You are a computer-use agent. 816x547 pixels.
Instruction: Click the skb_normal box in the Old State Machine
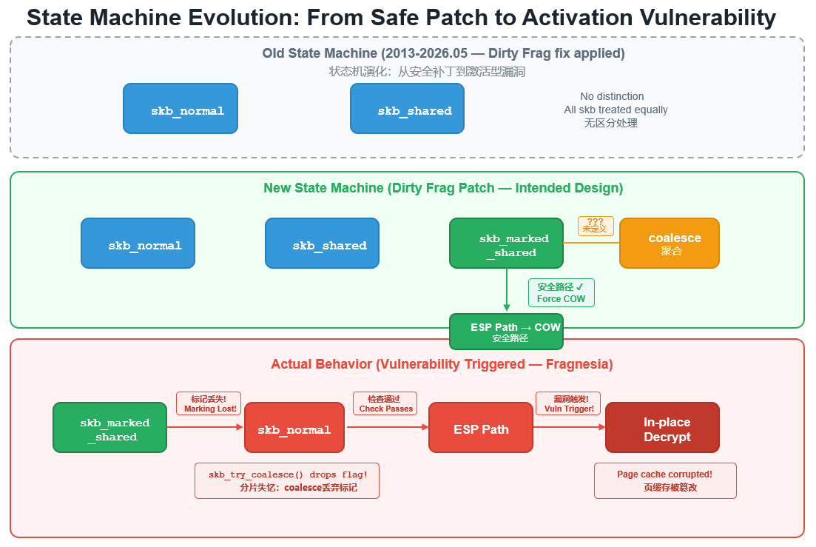click(x=181, y=108)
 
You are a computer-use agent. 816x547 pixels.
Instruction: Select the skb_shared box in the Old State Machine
click(x=408, y=108)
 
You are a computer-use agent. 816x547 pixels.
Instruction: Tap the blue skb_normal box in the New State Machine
click(x=138, y=243)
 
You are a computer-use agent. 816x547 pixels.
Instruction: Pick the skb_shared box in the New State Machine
click(x=322, y=243)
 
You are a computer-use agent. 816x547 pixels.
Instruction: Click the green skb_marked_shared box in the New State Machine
click(x=506, y=243)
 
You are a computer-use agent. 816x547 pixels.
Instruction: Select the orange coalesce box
click(x=670, y=243)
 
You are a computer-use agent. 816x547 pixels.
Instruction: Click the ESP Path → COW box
click(x=506, y=332)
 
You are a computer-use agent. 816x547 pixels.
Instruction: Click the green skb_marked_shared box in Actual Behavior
click(x=109, y=427)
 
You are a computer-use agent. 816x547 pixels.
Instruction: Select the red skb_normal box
click(x=294, y=427)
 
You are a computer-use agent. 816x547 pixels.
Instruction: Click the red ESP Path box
click(x=481, y=427)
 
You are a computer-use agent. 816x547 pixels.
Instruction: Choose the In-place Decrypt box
click(x=662, y=427)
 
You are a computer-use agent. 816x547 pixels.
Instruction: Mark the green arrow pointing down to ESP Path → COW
click(x=507, y=290)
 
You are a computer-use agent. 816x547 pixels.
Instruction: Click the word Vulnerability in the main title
click(x=708, y=18)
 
